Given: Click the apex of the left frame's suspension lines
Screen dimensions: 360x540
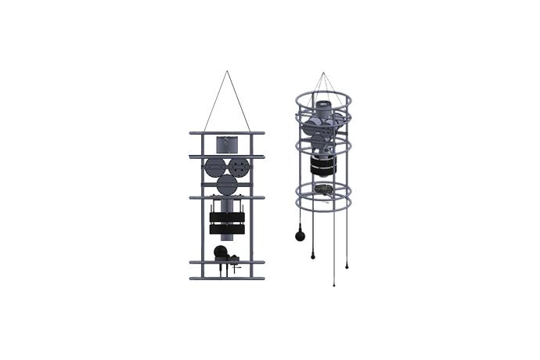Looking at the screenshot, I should click(228, 71).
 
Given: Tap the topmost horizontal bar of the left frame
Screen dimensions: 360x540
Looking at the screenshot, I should click(227, 133).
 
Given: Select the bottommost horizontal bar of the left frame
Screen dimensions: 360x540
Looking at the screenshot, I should click(227, 278).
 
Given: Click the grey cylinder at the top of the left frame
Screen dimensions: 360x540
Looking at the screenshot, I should click(227, 144).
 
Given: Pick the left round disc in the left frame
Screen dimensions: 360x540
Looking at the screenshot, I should click(214, 167).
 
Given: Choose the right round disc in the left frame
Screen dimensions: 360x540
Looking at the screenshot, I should click(239, 167).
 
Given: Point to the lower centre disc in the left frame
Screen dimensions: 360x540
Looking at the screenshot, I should click(227, 185).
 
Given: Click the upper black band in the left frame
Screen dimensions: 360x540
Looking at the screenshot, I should click(227, 217).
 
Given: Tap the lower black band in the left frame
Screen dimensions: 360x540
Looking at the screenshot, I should click(227, 229).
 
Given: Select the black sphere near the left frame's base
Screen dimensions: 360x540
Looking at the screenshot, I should click(221, 252).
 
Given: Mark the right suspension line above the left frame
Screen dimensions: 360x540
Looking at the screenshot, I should click(239, 102).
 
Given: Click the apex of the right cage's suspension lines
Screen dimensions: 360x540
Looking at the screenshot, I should click(322, 73).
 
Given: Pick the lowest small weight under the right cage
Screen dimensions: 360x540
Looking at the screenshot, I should click(335, 284).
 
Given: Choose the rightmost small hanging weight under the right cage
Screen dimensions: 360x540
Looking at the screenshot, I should click(347, 266).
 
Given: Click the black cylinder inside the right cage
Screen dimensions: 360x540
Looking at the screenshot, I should click(322, 166).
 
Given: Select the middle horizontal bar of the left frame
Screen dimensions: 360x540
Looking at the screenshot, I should click(227, 197).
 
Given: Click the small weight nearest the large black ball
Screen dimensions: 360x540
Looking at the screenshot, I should click(312, 256).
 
